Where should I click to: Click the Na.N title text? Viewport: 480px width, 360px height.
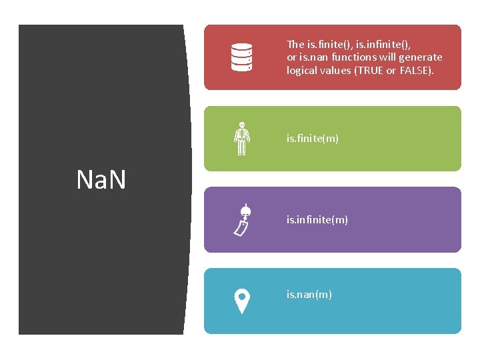pyautogui.click(x=101, y=180)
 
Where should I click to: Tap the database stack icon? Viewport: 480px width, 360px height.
pyautogui.click(x=241, y=57)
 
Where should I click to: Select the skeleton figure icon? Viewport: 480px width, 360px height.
pyautogui.click(x=241, y=139)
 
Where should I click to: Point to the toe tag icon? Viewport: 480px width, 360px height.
pyautogui.click(x=242, y=220)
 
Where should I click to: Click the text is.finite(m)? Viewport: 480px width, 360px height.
pyautogui.click(x=312, y=139)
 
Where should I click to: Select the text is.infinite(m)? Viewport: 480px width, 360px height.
pyautogui.click(x=317, y=219)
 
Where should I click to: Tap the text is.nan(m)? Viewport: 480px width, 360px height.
pyautogui.click(x=309, y=294)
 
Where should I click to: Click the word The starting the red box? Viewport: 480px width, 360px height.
pyautogui.click(x=295, y=45)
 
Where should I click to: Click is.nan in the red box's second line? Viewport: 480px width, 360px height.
pyautogui.click(x=313, y=57)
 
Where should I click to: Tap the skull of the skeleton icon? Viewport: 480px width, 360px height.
pyautogui.click(x=242, y=125)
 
